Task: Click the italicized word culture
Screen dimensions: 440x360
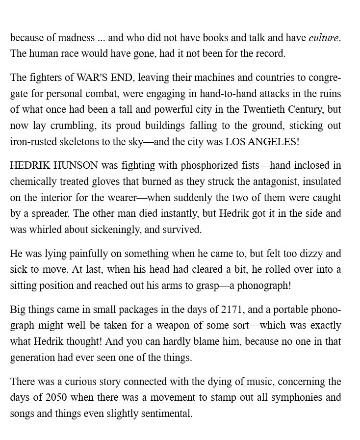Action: (324, 38)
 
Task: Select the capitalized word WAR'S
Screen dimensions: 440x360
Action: (92, 78)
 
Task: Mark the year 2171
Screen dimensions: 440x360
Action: (231, 310)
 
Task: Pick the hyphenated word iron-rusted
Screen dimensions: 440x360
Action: (33, 142)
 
